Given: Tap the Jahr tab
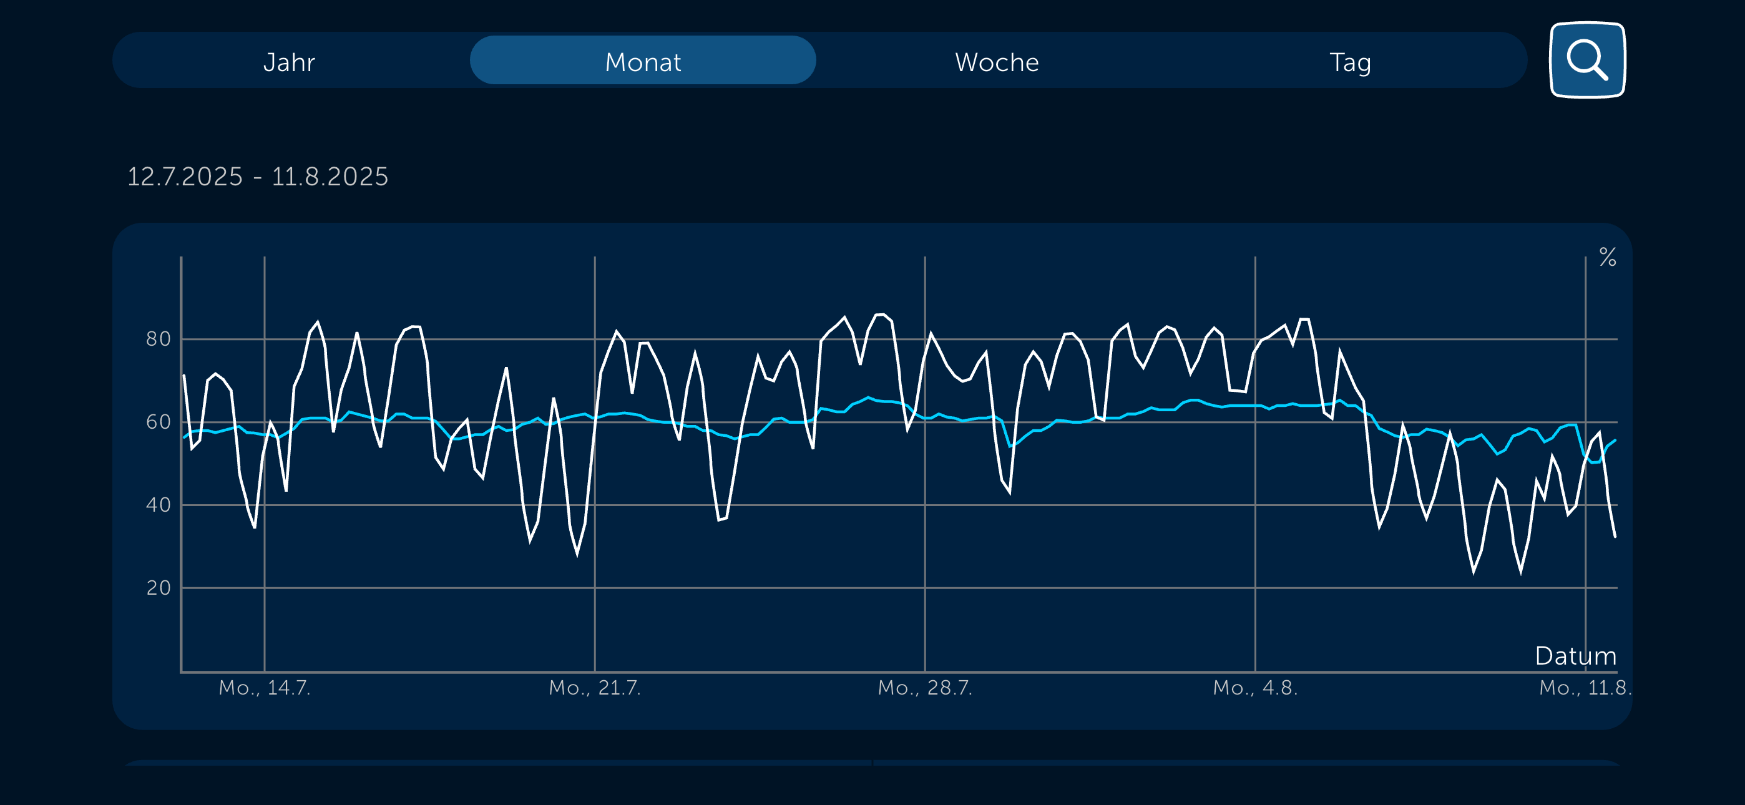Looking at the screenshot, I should (x=289, y=62).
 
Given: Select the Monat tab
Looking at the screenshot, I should (x=642, y=62).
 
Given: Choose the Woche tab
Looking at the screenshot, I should (x=997, y=62).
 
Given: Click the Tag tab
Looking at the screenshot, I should (x=1350, y=62).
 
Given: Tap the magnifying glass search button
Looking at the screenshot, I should (x=1586, y=61).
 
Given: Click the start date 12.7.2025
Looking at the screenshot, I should (x=185, y=177).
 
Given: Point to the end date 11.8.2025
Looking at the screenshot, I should (x=330, y=177).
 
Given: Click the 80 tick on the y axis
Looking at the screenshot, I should (x=159, y=339).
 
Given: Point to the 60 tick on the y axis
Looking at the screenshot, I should (x=159, y=422).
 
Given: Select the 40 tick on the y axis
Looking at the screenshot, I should (x=159, y=505).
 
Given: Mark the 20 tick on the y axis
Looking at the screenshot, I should (x=159, y=587).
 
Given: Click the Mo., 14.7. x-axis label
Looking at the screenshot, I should (x=264, y=688).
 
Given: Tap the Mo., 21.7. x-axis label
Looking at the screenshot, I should (x=594, y=688).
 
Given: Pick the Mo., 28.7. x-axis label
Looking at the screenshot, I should (x=925, y=688).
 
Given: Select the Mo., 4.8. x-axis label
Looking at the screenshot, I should (x=1254, y=688).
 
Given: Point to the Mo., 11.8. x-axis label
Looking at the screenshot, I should (x=1585, y=688).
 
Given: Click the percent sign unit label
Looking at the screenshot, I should (x=1608, y=258).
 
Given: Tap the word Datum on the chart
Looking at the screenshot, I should (x=1575, y=656).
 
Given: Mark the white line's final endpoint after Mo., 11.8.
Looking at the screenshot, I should (x=1615, y=537).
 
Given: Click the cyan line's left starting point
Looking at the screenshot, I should (x=184, y=437).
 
